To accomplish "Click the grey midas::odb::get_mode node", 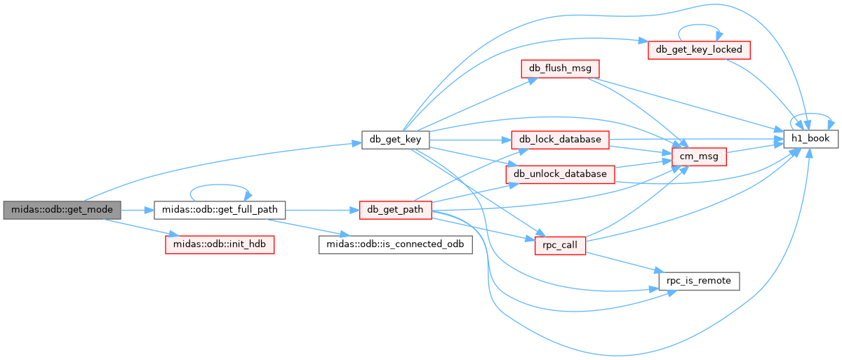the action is [62, 210].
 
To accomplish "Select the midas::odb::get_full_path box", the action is [220, 210].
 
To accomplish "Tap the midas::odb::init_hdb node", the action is [220, 245].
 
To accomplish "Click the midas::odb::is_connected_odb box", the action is [396, 245].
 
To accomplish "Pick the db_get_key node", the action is [396, 140].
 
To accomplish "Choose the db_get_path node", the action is [396, 210].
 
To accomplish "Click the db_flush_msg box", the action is [560, 69].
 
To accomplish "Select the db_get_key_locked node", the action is [699, 50].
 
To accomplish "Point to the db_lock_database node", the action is [560, 140].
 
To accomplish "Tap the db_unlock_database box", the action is [560, 174].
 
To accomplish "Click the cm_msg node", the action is [699, 156].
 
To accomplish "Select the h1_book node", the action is [811, 139].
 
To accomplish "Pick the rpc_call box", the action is [560, 246].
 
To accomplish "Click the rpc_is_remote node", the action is [699, 281].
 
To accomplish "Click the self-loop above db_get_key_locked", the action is [699, 25].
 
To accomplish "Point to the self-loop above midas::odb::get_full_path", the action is [220, 185].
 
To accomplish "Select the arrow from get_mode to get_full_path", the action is [138, 210].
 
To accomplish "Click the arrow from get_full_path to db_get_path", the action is [322, 210].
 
